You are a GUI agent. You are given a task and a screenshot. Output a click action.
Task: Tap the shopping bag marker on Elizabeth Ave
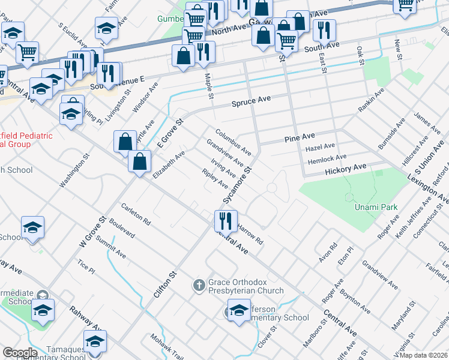click(x=139, y=162)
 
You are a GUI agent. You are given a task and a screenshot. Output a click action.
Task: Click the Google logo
click(x=20, y=353)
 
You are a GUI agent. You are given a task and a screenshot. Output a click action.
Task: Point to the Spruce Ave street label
click(x=252, y=100)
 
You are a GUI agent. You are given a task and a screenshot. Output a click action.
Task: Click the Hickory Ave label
click(x=345, y=169)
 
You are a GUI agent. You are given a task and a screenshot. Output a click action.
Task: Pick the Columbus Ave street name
click(x=234, y=140)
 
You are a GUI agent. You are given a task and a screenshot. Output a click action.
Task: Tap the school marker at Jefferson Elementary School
click(x=238, y=311)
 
